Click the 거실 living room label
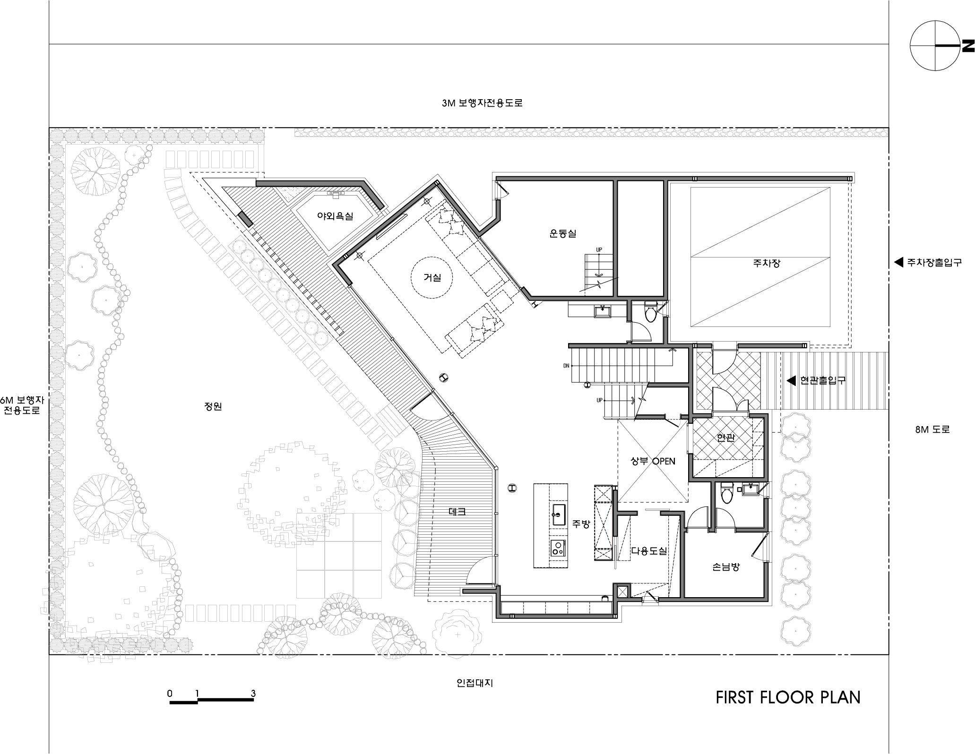coord(432,278)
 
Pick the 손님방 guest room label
coord(725,566)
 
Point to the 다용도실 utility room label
coord(649,551)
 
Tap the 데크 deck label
coord(457,511)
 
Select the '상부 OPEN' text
coord(653,461)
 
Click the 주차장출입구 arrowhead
coord(898,262)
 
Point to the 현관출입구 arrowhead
coord(791,380)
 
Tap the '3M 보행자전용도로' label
coord(482,103)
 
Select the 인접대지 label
coord(475,683)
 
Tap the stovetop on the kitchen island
coord(559,548)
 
